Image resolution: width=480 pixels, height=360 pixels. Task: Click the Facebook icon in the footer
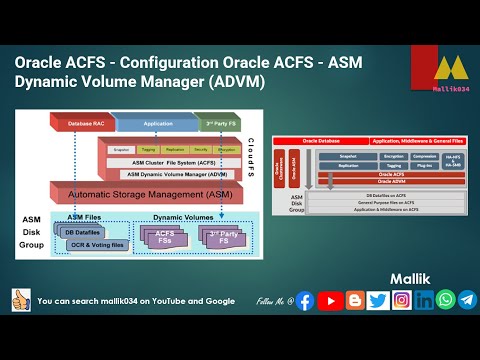[305, 300]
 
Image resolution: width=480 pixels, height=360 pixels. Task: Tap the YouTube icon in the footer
[329, 300]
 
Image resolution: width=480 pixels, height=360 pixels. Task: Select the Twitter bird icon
[377, 300]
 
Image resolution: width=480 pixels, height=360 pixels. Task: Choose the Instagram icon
[400, 300]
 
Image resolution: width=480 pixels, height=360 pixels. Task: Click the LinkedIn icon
[424, 300]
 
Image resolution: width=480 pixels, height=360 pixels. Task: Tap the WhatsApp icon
[445, 300]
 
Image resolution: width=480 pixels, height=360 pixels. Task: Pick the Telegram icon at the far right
[467, 300]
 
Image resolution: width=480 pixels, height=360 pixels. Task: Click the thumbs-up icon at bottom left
[20, 300]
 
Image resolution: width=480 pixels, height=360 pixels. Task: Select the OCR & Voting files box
[96, 244]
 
